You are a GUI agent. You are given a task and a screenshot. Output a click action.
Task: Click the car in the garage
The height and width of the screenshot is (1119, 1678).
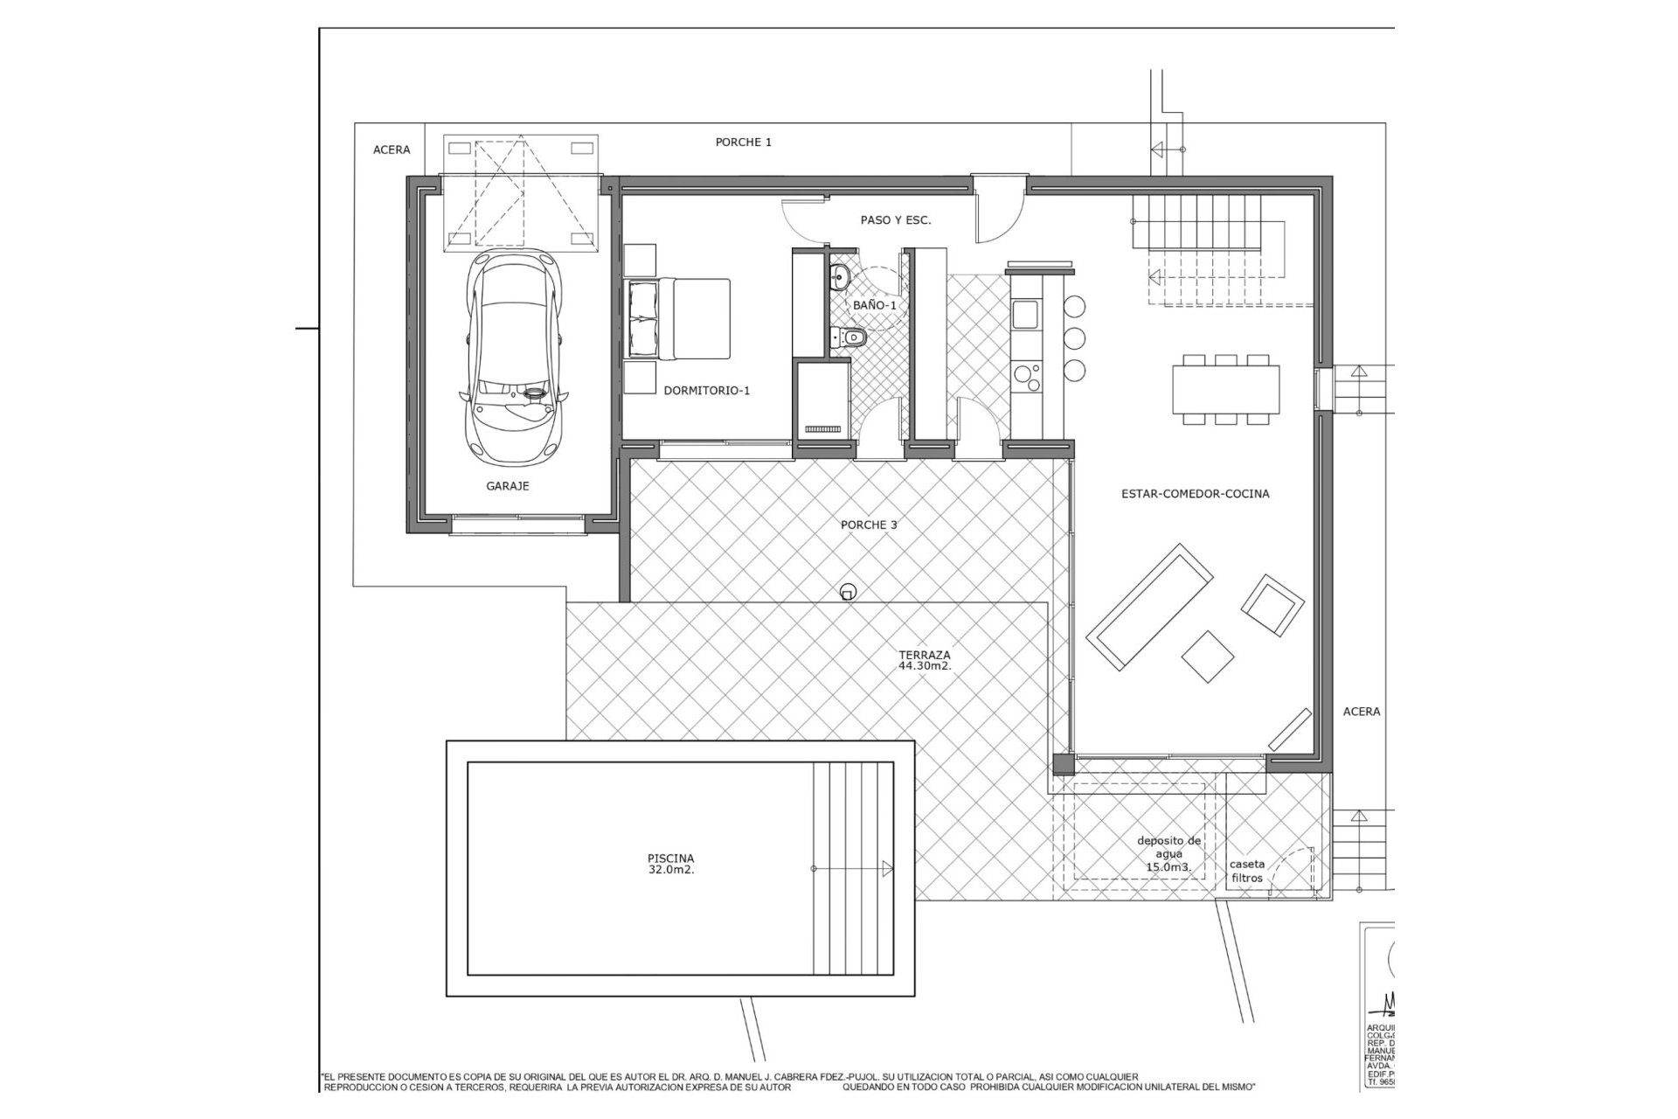point(513,358)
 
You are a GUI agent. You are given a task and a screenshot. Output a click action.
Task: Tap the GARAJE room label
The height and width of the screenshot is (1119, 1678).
point(508,486)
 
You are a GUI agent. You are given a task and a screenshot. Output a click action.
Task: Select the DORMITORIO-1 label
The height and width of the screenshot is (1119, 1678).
point(706,391)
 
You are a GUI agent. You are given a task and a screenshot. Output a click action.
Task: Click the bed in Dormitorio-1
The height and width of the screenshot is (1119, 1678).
point(679,319)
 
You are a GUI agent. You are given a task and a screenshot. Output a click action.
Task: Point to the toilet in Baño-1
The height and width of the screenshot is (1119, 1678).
point(849,336)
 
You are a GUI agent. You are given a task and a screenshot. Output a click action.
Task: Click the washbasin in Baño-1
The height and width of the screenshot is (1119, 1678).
point(838,279)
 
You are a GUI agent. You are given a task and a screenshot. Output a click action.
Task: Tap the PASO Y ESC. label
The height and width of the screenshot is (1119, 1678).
point(895,220)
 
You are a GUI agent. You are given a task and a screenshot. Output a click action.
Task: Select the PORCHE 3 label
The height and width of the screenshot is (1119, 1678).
point(869,525)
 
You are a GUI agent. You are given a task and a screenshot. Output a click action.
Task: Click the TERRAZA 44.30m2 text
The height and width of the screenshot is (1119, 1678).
point(924,660)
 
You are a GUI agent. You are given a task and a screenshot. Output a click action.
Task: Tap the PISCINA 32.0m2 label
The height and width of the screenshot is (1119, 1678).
point(671,865)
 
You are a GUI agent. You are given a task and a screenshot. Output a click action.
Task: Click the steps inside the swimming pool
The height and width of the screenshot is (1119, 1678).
point(853,868)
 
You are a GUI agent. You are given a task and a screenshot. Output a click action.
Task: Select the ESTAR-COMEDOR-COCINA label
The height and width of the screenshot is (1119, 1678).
point(1195,494)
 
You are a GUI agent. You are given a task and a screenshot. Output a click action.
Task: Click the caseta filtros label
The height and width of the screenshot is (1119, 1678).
point(1247,871)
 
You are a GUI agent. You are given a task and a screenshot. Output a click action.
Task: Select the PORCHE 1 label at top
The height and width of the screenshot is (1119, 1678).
point(743,142)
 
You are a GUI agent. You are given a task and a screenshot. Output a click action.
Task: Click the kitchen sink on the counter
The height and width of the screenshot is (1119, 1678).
point(1023,314)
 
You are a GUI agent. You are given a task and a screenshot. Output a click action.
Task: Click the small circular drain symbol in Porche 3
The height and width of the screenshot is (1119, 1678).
point(846,593)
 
